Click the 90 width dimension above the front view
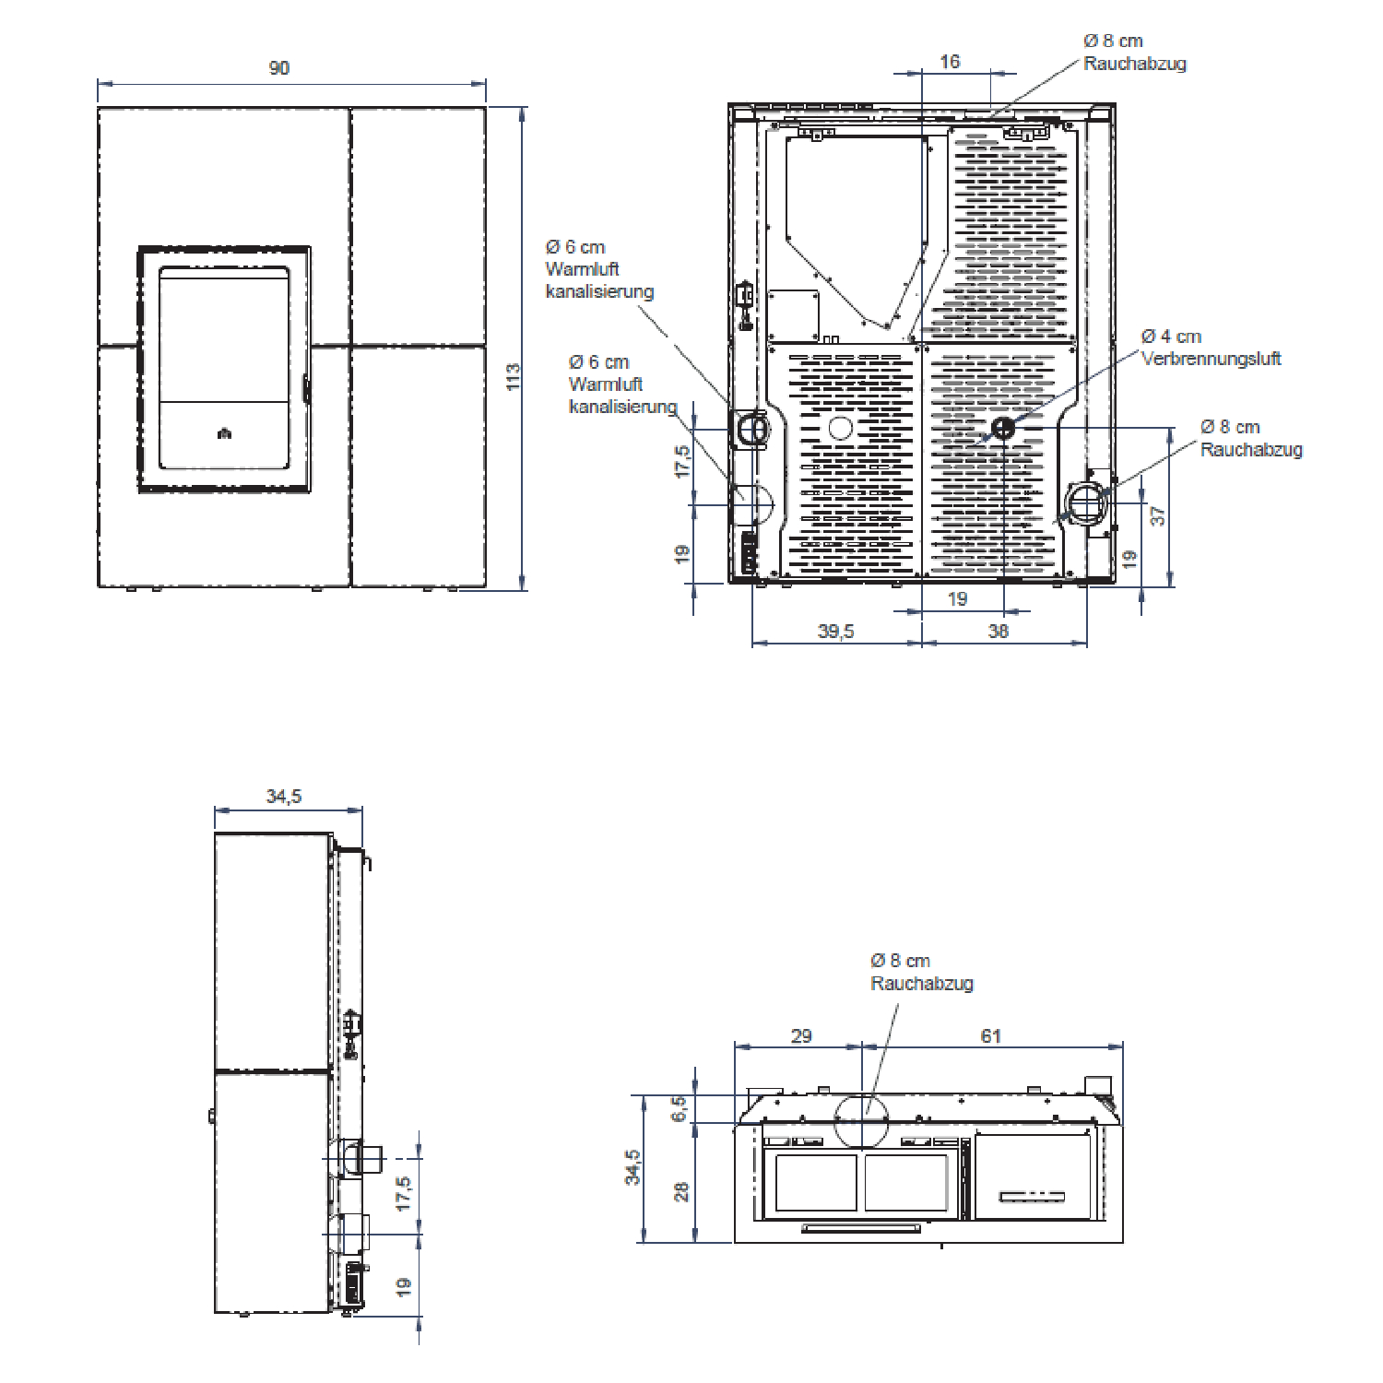point(278,68)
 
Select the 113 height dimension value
point(514,376)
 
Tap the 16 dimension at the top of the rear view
point(950,62)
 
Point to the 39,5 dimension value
point(836,632)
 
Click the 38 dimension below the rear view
point(999,632)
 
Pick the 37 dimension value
point(1158,516)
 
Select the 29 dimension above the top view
point(801,1036)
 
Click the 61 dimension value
point(991,1036)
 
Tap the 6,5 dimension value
point(680,1108)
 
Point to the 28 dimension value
point(681,1192)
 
